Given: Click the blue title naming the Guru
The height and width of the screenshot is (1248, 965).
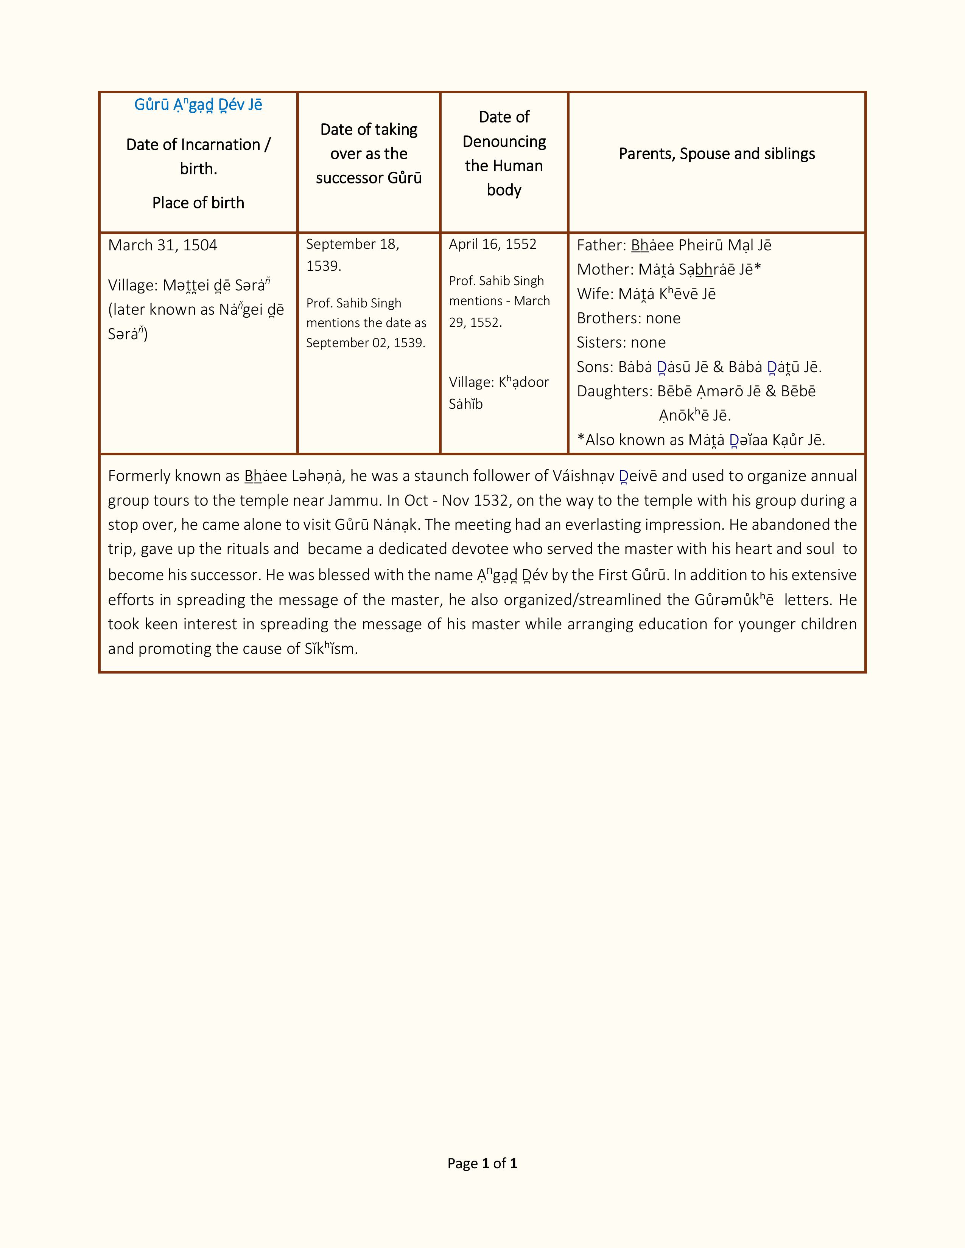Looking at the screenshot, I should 198,105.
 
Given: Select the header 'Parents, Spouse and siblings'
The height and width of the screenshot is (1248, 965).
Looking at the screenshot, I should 716,154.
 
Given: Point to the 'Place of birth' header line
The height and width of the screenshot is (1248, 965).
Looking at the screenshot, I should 198,203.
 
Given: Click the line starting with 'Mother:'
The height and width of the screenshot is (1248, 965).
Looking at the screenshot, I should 668,269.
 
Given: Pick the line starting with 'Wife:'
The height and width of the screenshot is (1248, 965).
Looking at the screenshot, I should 646,294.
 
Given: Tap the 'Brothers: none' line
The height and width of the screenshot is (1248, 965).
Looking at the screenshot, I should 628,318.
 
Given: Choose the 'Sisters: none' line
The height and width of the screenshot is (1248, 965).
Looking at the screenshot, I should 621,342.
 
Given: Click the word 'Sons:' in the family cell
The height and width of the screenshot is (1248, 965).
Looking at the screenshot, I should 595,367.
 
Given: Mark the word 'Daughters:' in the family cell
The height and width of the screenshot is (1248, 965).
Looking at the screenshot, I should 614,391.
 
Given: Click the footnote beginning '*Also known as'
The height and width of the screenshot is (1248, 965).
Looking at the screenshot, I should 701,440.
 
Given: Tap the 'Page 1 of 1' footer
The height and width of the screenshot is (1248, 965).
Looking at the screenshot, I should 482,1163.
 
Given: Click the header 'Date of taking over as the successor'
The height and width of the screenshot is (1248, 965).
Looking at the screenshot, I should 369,154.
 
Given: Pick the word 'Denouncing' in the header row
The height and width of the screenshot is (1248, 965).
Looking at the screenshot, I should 504,142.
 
